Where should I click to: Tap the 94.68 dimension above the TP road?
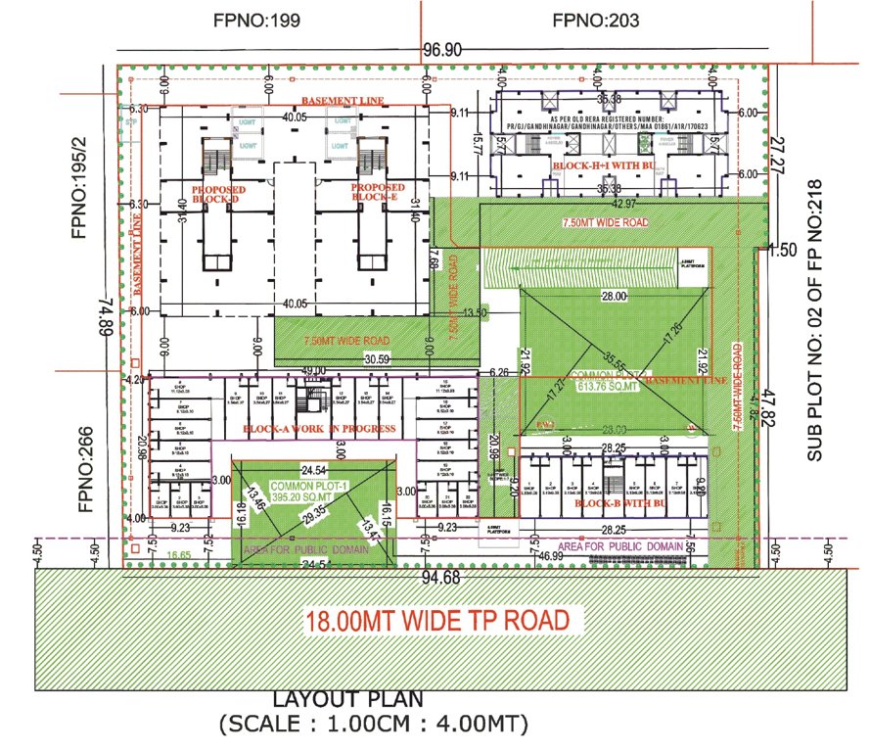coord(441,578)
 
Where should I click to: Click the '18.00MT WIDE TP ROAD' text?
coord(436,621)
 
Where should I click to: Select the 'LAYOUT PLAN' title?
coord(347,699)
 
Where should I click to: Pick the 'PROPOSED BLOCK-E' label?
coord(378,192)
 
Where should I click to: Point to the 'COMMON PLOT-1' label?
coord(303,487)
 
